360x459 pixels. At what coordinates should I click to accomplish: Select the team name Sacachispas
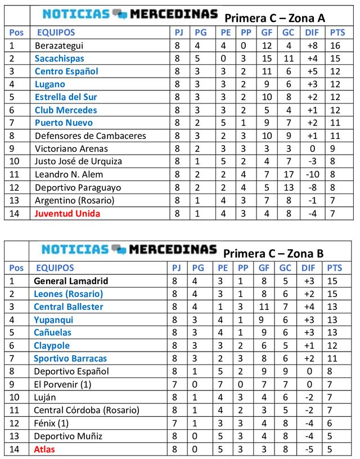click(x=59, y=58)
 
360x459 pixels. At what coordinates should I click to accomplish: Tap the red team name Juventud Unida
click(x=67, y=214)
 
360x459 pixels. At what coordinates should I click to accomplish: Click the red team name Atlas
click(x=44, y=449)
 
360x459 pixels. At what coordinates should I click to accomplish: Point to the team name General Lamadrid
click(x=71, y=281)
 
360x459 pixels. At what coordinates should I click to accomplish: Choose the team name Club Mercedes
click(x=65, y=110)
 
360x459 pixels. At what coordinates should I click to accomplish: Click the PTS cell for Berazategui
click(x=337, y=46)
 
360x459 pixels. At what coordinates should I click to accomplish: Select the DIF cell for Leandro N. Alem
click(x=312, y=175)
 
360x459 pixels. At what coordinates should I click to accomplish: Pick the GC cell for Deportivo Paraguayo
click(x=288, y=188)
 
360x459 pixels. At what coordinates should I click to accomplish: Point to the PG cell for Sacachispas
click(x=197, y=58)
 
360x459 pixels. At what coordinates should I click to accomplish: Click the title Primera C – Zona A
click(x=274, y=17)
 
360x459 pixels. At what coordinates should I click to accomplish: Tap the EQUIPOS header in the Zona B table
click(x=55, y=268)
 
